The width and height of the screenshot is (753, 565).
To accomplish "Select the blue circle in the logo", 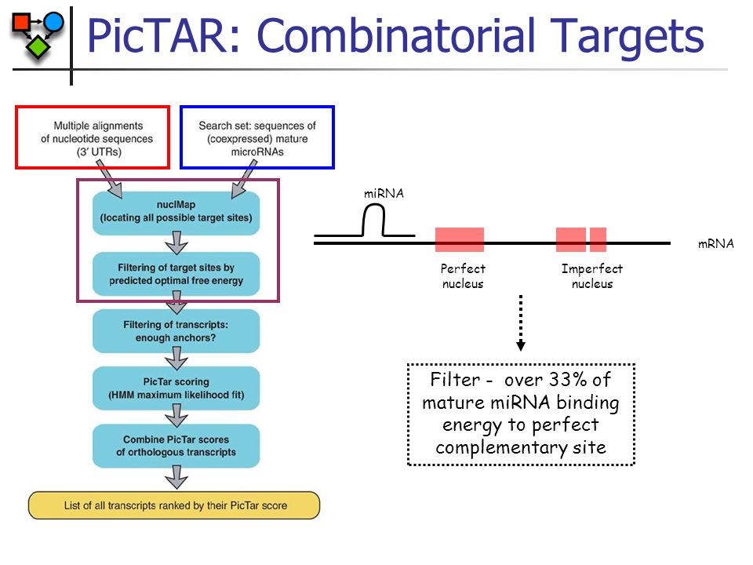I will [53, 21].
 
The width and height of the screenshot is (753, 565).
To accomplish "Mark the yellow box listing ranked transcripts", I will [174, 505].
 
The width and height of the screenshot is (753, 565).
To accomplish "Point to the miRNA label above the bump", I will [384, 193].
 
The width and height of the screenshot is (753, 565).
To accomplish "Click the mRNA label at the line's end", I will [715, 244].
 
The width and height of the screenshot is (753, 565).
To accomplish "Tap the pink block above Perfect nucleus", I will [460, 239].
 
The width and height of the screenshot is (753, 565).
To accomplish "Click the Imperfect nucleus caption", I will [591, 276].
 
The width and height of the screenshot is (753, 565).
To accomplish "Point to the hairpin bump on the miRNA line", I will [375, 221].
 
